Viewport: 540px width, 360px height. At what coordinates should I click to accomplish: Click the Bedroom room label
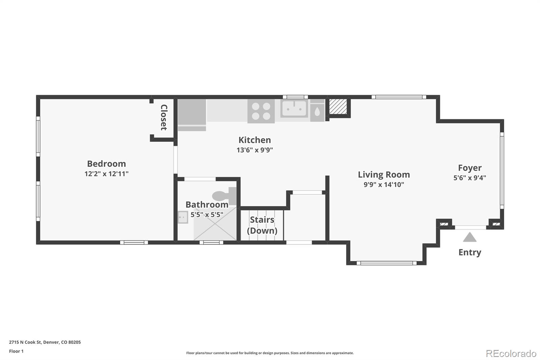[106, 164]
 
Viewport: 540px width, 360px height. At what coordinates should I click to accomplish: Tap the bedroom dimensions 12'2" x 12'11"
[106, 174]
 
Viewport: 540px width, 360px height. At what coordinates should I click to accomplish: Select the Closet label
[164, 117]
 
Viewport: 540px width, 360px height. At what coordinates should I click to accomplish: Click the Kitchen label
[254, 140]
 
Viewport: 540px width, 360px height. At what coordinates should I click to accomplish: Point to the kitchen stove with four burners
[261, 111]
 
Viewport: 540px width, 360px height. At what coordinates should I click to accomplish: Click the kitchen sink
[294, 109]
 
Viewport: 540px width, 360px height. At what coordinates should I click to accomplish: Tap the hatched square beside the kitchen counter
[338, 107]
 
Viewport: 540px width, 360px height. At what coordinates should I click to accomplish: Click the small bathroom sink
[183, 217]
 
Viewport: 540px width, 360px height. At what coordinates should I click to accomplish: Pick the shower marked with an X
[215, 225]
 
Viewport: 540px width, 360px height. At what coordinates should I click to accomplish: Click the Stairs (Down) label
[262, 225]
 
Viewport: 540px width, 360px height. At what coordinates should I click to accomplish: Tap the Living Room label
[384, 175]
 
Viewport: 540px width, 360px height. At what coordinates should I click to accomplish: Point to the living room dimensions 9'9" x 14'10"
[384, 185]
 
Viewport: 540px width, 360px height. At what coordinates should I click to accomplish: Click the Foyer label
[469, 168]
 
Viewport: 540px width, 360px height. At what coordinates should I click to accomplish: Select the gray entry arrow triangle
[469, 237]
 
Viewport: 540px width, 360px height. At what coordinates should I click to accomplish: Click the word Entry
[469, 252]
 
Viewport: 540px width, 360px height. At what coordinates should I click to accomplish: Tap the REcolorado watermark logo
[511, 353]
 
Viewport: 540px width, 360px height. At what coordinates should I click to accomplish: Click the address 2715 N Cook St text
[45, 342]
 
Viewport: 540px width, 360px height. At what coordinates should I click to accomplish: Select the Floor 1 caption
[16, 351]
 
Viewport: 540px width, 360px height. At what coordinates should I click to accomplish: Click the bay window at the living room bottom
[386, 263]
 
